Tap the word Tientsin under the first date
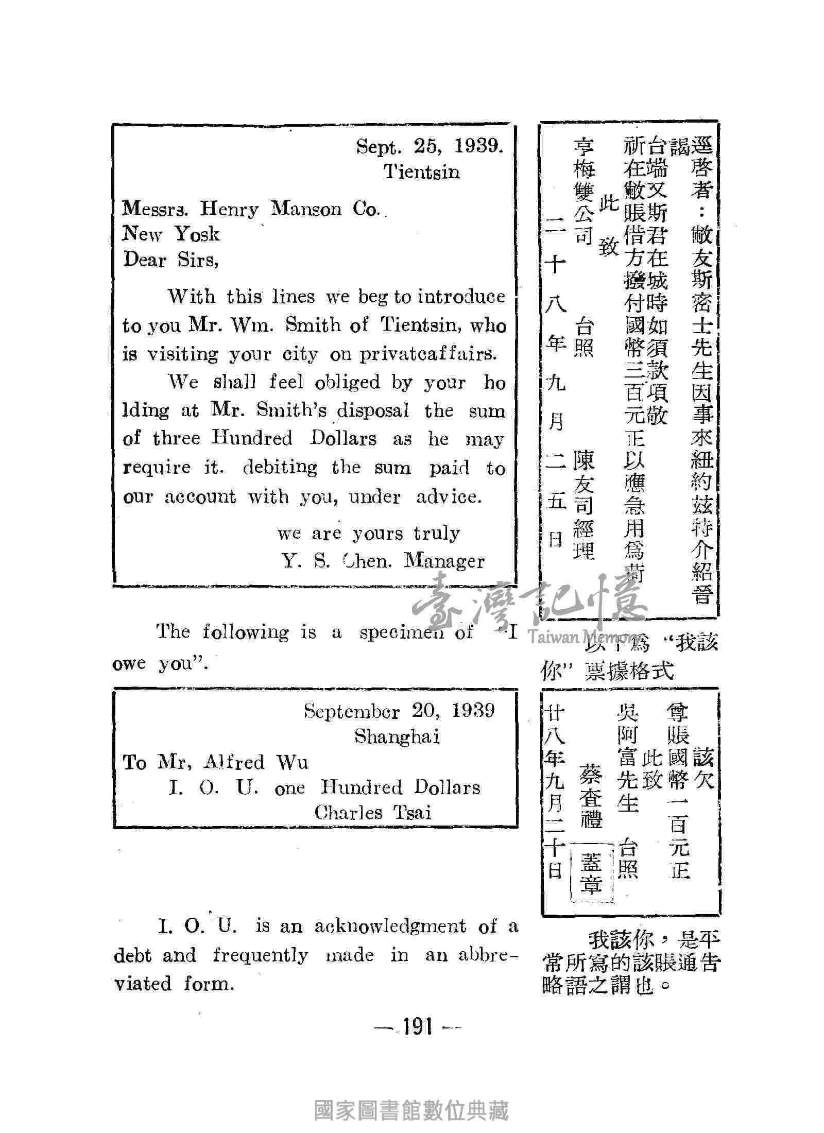click(x=422, y=171)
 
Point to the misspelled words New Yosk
click(x=171, y=234)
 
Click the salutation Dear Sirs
click(x=171, y=260)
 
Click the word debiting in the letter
click(x=280, y=468)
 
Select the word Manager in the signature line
click(x=444, y=561)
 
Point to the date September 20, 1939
click(x=399, y=711)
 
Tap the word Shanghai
click(x=397, y=737)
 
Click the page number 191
click(x=417, y=1027)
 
